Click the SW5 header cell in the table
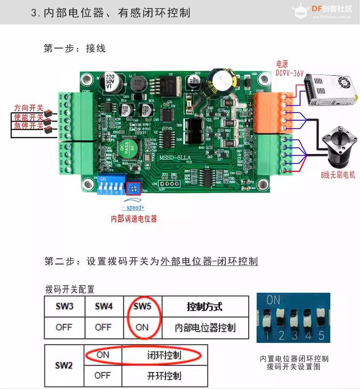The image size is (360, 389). (142, 307)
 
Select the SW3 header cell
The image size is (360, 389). (64, 307)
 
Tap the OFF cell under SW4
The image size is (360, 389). (103, 328)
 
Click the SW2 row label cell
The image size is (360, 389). (64, 365)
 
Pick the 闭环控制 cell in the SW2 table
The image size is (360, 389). (164, 355)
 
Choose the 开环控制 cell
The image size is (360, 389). (164, 376)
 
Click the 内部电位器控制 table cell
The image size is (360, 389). (205, 328)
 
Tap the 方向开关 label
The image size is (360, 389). (28, 108)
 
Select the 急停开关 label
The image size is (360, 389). (28, 126)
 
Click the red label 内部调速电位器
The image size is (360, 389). (134, 219)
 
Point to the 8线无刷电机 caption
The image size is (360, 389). (338, 175)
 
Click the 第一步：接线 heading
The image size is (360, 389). (74, 48)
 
